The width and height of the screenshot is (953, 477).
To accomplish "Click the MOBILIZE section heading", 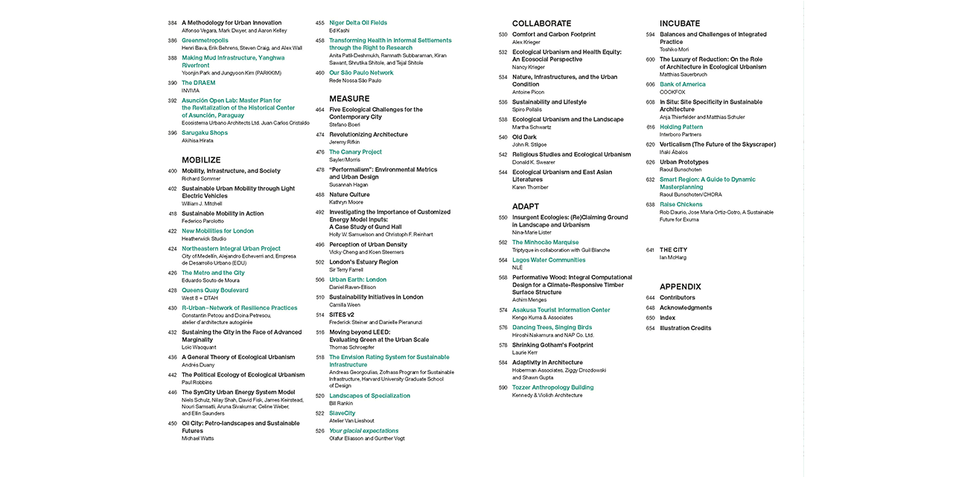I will [x=201, y=159].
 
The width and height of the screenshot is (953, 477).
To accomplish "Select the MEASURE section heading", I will [x=349, y=98].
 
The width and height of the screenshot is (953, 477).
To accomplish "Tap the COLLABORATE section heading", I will [x=541, y=24].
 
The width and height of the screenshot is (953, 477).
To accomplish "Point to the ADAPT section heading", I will [x=526, y=206].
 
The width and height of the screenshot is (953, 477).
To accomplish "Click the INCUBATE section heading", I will [x=680, y=24].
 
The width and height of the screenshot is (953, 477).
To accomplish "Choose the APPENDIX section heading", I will [x=681, y=286].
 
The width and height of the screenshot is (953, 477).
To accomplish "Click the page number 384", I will [x=172, y=23].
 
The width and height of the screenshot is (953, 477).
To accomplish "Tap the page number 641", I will [x=650, y=250].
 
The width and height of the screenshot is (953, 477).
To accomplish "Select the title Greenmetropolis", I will [x=205, y=40].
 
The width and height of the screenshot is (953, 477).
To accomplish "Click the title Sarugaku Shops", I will [x=205, y=133].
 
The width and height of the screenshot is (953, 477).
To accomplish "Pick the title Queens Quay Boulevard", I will [x=215, y=290].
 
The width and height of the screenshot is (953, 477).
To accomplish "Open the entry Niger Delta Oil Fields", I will [x=358, y=23].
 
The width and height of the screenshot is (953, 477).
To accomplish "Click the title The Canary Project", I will [x=355, y=152].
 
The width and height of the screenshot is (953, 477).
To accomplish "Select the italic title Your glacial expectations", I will [x=363, y=431].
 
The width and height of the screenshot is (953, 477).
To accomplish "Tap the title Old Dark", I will [x=524, y=137].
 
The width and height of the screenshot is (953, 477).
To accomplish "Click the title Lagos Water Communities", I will [x=549, y=260].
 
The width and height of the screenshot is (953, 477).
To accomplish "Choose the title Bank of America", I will [x=682, y=84].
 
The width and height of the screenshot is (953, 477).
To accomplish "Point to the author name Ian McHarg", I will [x=673, y=258].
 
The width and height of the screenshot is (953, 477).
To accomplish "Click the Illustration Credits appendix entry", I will [x=685, y=328].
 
